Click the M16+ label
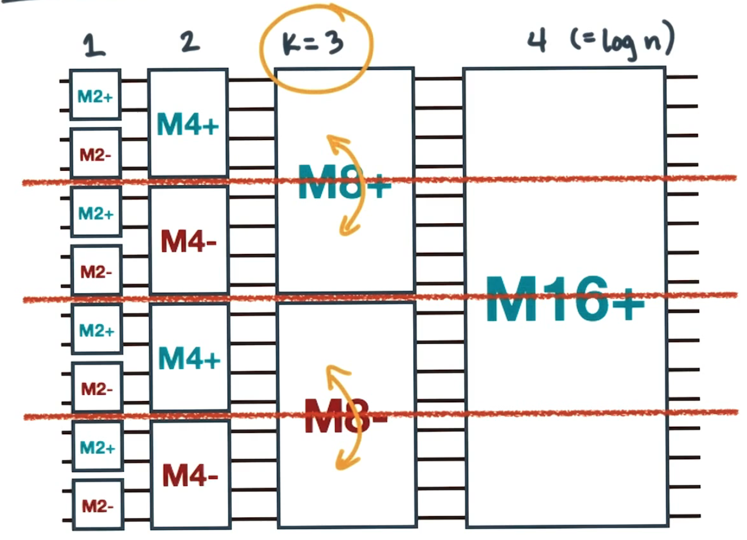[x=565, y=299]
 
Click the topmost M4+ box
[x=188, y=123]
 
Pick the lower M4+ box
[x=189, y=357]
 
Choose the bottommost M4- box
[x=189, y=475]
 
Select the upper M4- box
[x=188, y=240]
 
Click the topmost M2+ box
[x=95, y=95]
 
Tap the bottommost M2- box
[x=97, y=505]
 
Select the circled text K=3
[x=314, y=45]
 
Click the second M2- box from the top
[x=96, y=270]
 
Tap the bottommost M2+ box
[x=97, y=446]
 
